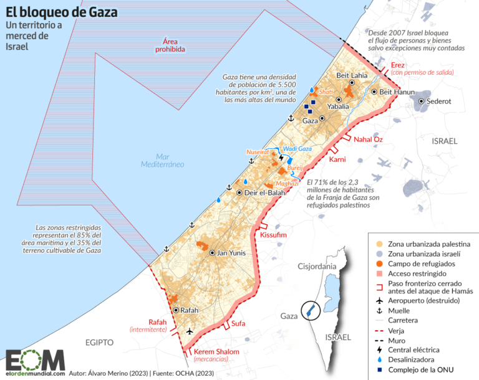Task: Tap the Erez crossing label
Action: coord(398,65)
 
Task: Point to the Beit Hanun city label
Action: coord(397,92)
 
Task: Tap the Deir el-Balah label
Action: coord(261,192)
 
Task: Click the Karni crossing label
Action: coord(337,160)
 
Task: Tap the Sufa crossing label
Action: coord(238,323)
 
